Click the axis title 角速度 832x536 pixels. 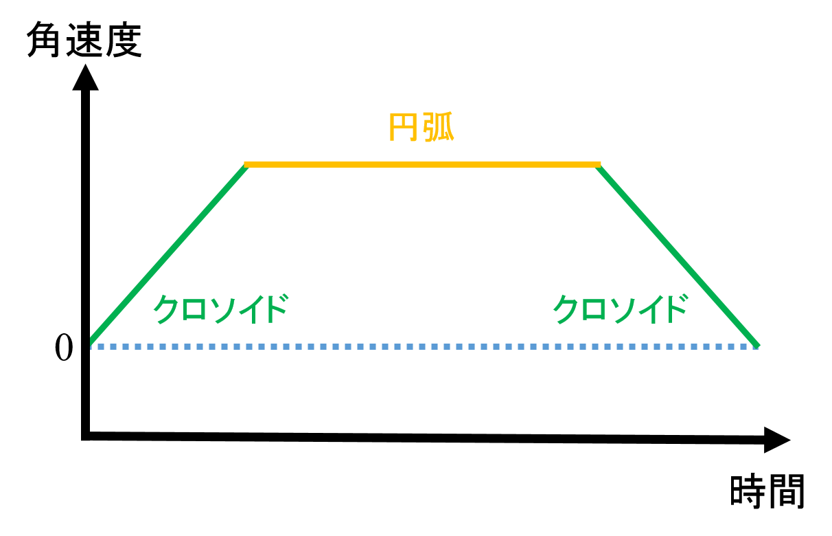tap(84, 40)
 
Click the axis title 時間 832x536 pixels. tap(767, 491)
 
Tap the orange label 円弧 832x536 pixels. tap(421, 126)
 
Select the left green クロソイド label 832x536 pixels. tap(221, 309)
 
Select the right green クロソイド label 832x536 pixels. tap(621, 309)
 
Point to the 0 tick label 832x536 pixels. tap(64, 347)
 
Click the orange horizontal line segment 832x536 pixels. tap(422, 164)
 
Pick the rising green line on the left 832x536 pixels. tap(168, 254)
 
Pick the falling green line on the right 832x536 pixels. tap(678, 256)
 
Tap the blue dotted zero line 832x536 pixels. tap(424, 347)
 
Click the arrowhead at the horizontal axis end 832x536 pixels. tap(777, 440)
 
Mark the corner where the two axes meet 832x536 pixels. tap(86, 436)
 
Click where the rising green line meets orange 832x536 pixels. tap(246, 165)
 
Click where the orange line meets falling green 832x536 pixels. tap(598, 165)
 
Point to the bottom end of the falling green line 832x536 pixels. tap(758, 346)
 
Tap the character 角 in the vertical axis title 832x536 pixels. tap(44, 40)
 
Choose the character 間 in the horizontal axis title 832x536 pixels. tap(787, 491)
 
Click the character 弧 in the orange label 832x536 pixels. tap(438, 126)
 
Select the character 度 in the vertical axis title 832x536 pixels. tap(124, 40)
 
